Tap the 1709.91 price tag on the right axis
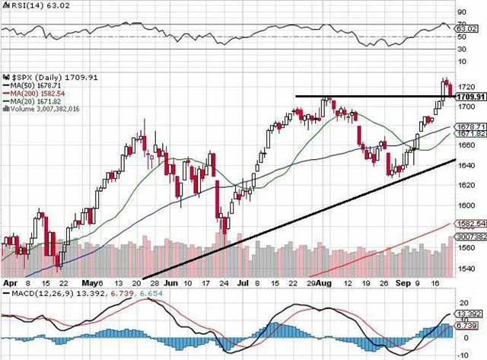466,97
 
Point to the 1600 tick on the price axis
465,205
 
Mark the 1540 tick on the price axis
465,268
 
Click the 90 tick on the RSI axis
461,12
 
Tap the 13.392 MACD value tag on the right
468,313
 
